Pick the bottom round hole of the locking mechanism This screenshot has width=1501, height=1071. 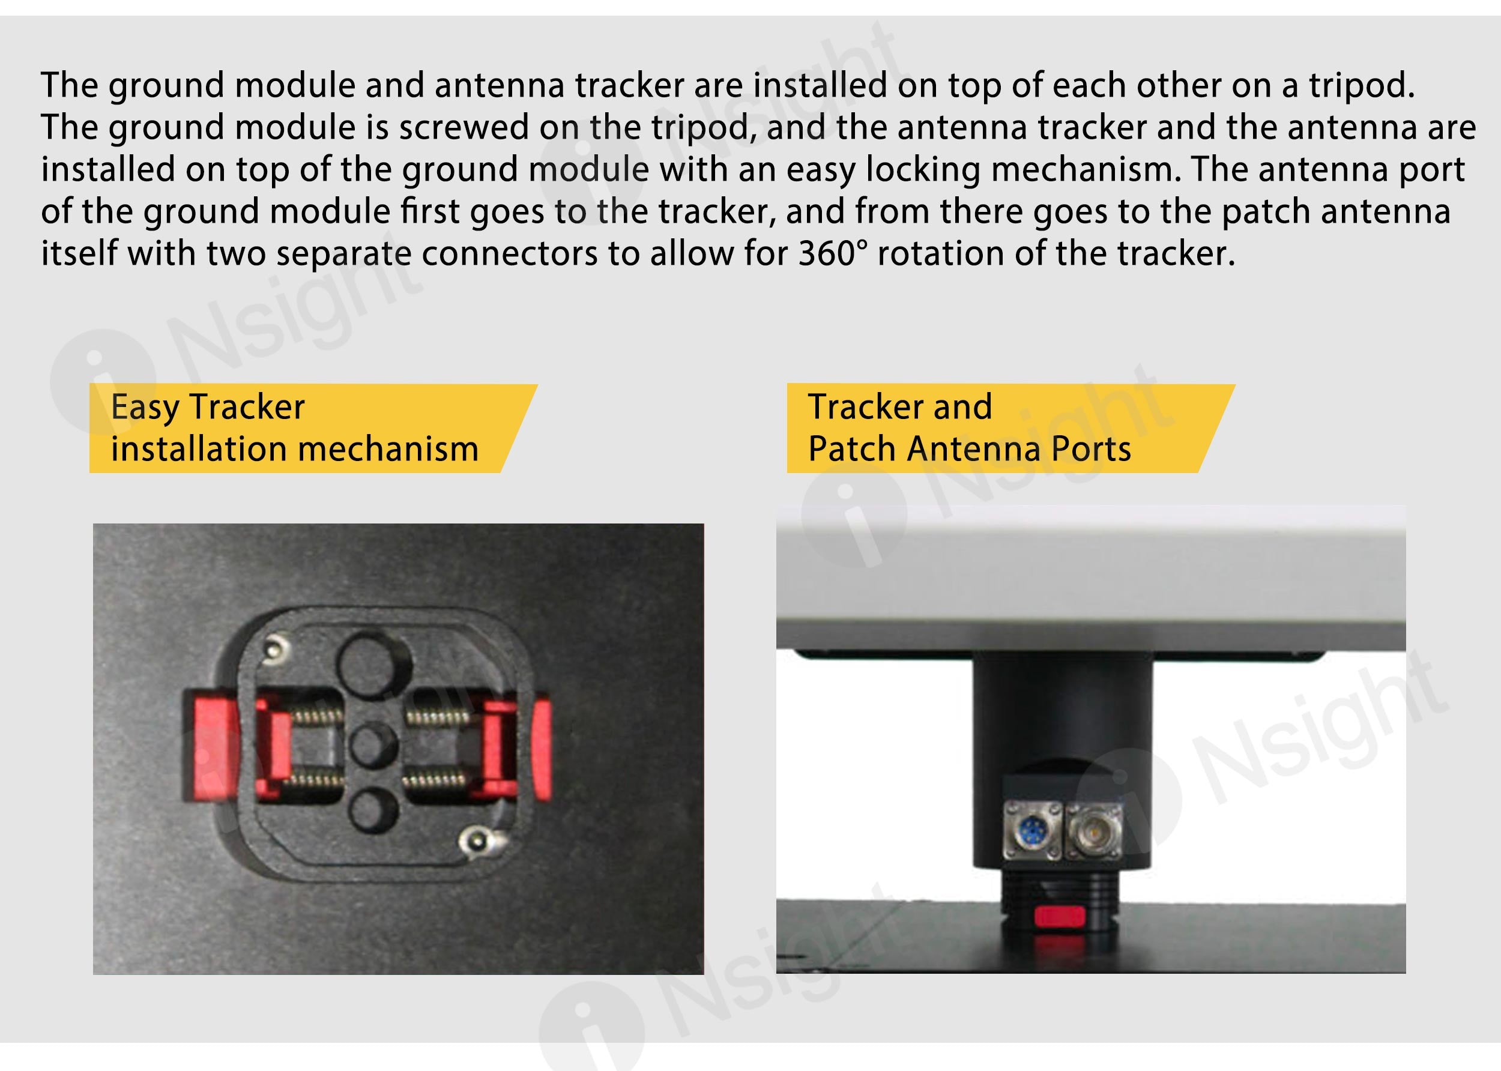(373, 810)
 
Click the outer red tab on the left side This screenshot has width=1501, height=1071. (211, 745)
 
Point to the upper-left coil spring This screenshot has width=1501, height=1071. (316, 716)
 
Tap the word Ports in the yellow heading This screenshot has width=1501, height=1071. (1092, 449)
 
